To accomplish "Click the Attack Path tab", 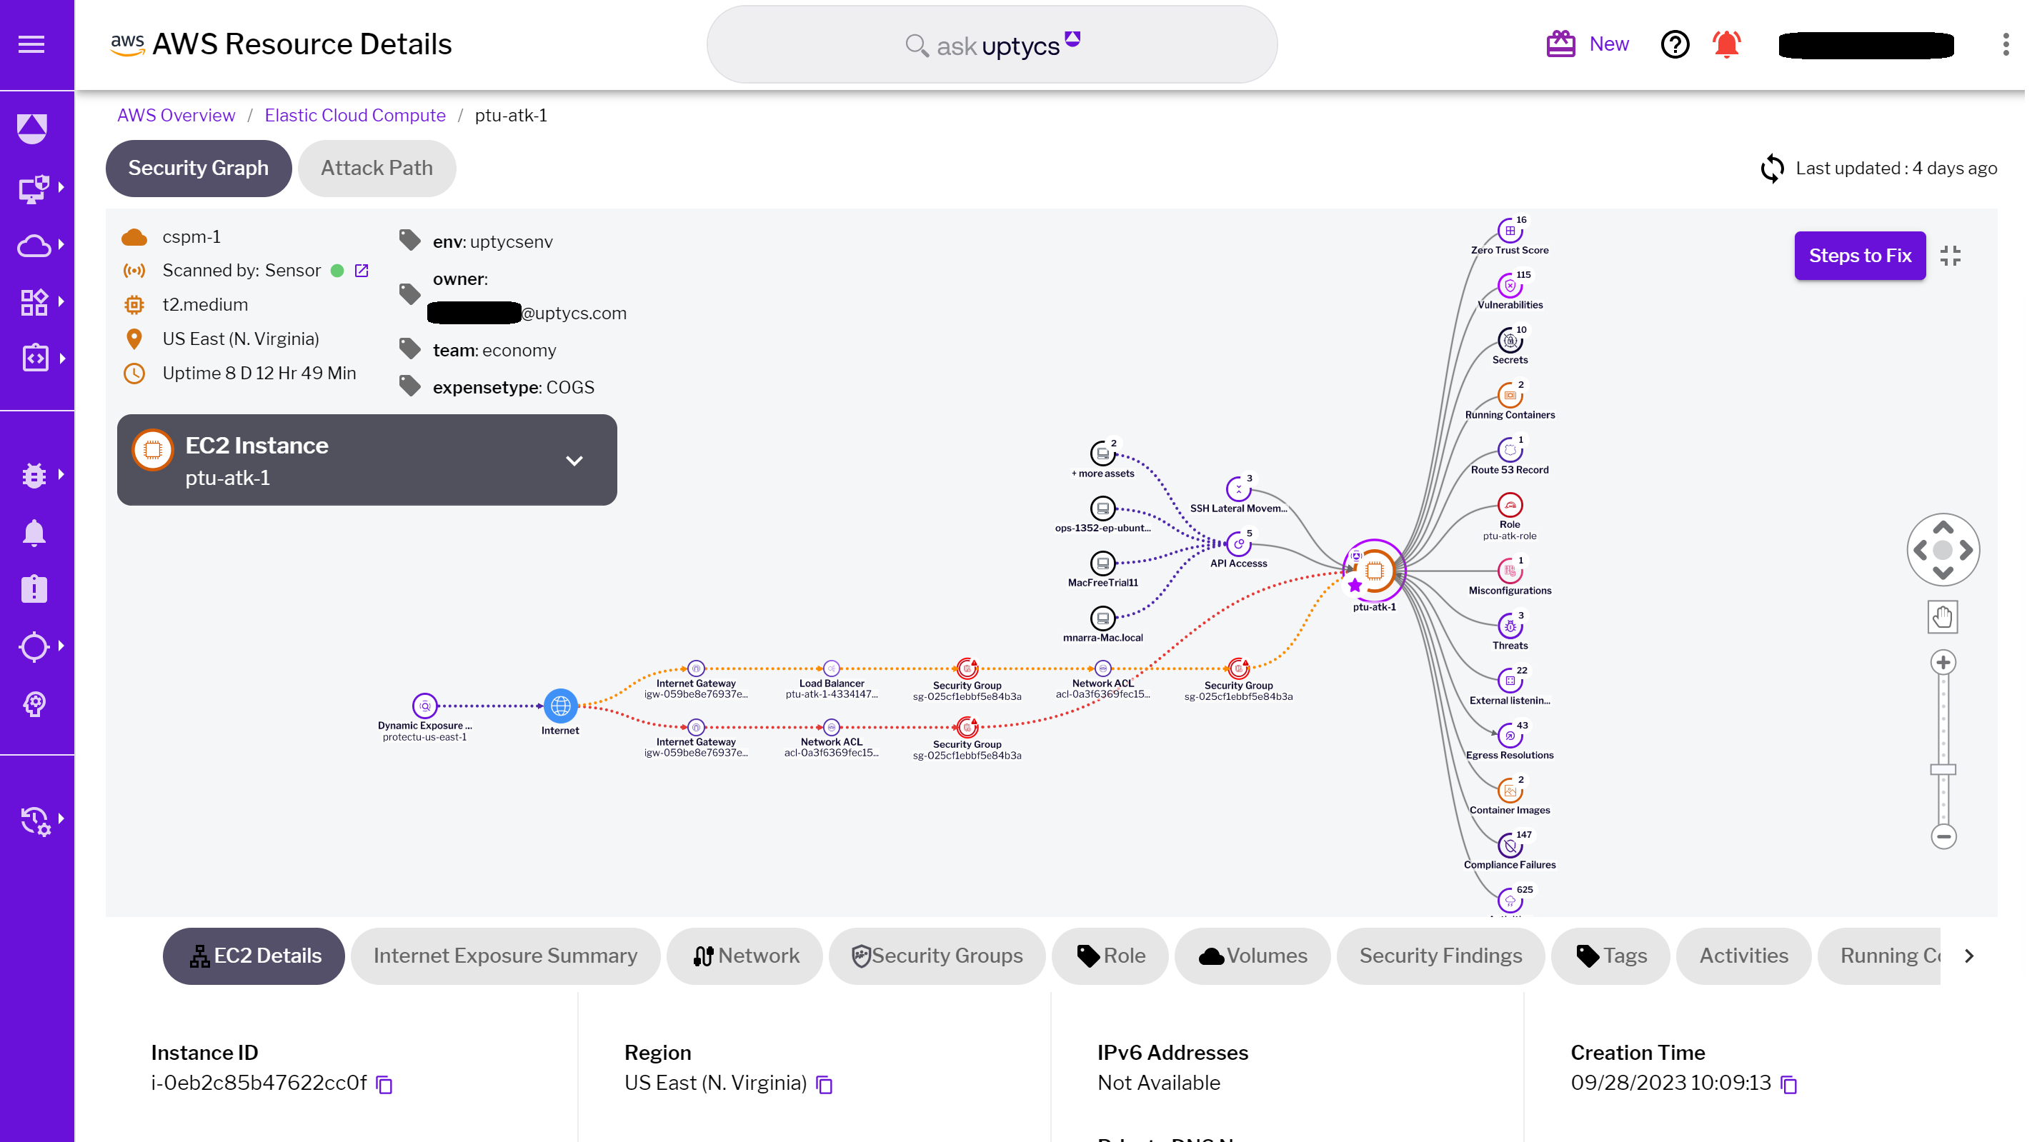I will click(377, 168).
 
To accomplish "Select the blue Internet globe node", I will click(560, 704).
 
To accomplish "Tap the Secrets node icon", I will click(1509, 341).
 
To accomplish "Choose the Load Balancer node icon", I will click(831, 668).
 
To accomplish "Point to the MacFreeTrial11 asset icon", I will click(1102, 563).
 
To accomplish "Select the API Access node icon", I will click(1238, 544).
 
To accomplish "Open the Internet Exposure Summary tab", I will click(505, 956).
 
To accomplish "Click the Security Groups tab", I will click(937, 956).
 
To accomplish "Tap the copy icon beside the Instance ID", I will click(384, 1084).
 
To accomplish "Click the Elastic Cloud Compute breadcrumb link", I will click(355, 115).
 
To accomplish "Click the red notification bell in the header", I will click(1726, 44).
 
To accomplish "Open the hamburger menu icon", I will click(31, 44).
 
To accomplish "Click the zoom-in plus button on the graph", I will click(1943, 662).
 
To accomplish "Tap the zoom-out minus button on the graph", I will click(1943, 836).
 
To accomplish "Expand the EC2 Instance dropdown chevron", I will click(574, 461).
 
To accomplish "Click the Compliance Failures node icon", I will click(1509, 846).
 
